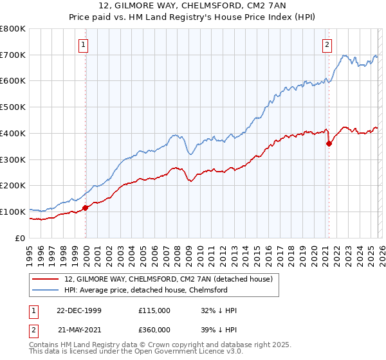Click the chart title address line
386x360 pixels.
192,6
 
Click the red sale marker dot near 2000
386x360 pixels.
86,208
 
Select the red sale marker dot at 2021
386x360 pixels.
329,143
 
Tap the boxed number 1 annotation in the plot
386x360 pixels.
84,45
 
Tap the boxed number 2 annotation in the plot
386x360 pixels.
327,45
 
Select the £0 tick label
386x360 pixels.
19,238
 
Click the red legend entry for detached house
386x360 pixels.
169,279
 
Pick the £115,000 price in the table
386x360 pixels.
154,310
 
